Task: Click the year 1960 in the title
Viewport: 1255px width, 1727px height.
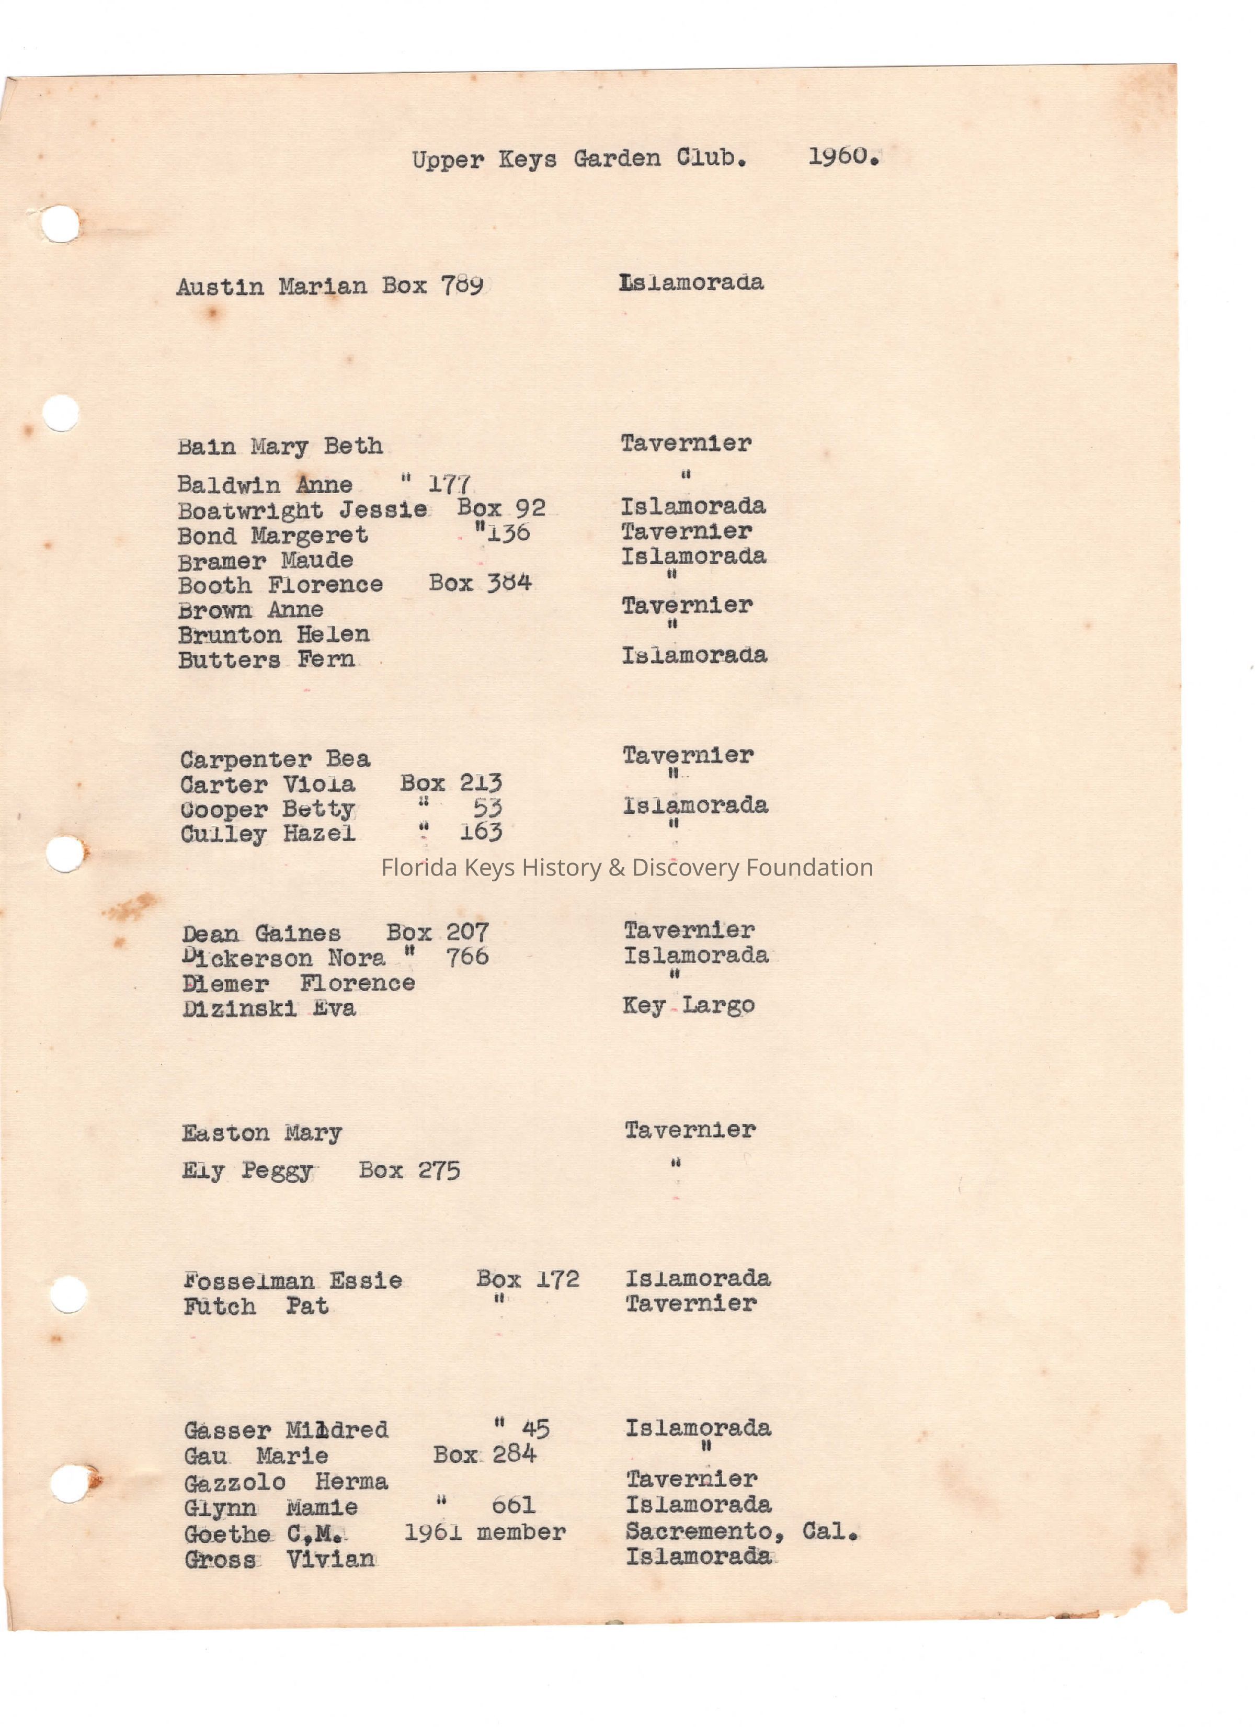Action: (842, 157)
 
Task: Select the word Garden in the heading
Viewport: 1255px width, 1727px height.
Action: (617, 158)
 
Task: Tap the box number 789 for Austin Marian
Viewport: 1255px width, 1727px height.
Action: (462, 286)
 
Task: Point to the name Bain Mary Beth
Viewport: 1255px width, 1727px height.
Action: (279, 446)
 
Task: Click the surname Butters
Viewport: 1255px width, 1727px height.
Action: (229, 660)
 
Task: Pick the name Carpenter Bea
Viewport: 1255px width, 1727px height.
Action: (275, 759)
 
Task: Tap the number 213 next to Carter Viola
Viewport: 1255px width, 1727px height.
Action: (481, 783)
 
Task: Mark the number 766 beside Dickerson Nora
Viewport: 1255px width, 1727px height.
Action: (467, 957)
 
